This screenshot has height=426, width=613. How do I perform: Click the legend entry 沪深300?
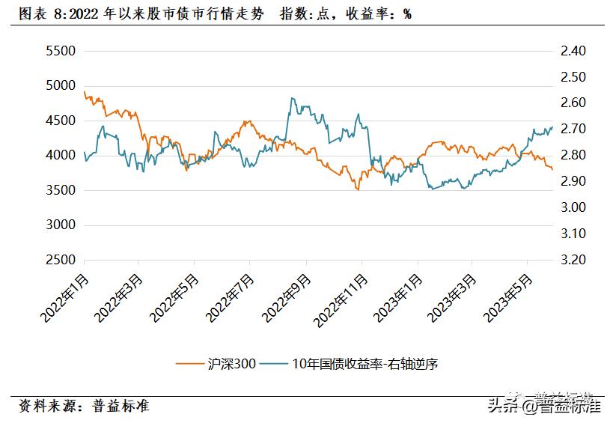(x=216, y=364)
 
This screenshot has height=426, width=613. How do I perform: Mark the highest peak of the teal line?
(x=292, y=98)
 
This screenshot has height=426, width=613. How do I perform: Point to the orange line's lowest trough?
(x=358, y=189)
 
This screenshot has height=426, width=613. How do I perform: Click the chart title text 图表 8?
(x=45, y=14)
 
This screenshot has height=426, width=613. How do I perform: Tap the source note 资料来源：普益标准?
(x=84, y=406)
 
